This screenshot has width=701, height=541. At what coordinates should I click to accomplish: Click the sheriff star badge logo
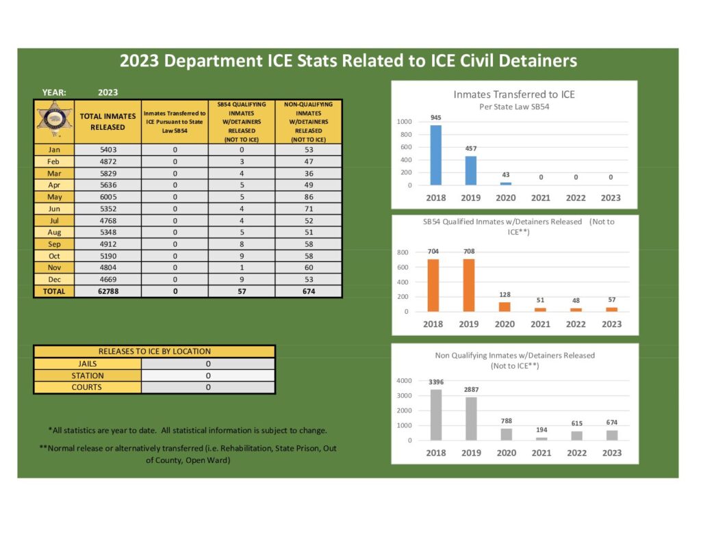(54, 121)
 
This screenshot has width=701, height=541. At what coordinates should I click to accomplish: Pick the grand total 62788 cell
(107, 291)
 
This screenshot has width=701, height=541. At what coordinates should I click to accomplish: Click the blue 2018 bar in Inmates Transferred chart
(435, 155)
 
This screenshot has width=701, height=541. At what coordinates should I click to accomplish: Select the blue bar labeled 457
(471, 170)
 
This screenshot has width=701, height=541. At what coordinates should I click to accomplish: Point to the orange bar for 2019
(469, 285)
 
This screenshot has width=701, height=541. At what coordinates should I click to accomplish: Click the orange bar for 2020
(505, 307)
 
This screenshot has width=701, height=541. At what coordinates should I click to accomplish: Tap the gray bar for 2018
(435, 415)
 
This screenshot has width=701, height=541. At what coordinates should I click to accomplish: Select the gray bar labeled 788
(506, 434)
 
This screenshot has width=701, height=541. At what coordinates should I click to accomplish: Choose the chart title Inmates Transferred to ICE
(514, 94)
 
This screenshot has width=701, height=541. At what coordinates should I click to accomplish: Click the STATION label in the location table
(88, 375)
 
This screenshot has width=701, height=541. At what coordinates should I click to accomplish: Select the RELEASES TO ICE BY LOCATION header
(155, 352)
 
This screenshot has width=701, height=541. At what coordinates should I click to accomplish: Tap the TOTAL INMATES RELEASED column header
(107, 122)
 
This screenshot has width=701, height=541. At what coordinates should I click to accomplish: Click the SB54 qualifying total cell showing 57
(242, 291)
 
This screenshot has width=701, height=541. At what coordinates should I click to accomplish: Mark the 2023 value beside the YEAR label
(108, 92)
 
